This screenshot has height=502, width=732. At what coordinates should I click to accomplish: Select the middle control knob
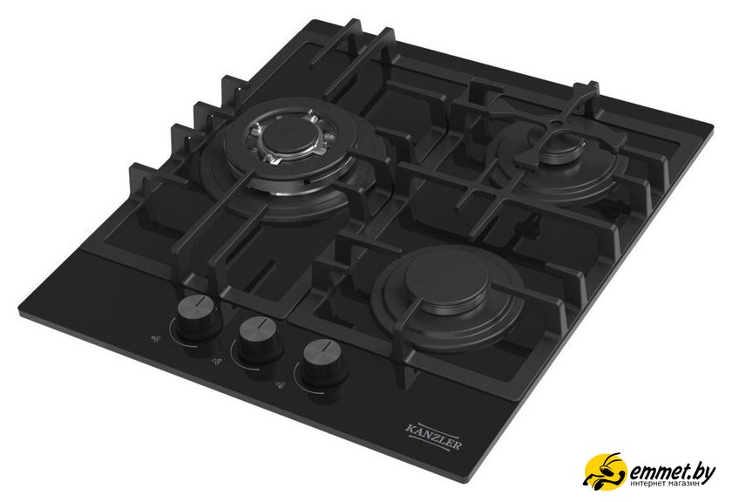(x=259, y=337)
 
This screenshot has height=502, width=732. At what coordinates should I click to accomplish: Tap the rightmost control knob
(x=323, y=361)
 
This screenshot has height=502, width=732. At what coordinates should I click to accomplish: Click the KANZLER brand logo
(x=434, y=437)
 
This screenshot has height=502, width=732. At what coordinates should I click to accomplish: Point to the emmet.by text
(x=671, y=472)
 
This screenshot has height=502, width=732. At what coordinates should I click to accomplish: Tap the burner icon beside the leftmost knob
(x=156, y=338)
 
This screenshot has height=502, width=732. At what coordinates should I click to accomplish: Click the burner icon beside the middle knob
(x=216, y=361)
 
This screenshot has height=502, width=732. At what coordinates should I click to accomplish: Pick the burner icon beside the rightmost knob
(x=280, y=385)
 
